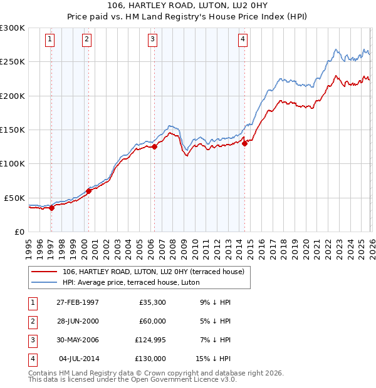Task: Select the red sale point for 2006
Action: pos(154,147)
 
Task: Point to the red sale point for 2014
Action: pos(244,143)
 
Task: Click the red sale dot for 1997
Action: pos(52,208)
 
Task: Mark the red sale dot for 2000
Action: pos(88,191)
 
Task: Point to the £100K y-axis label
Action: pos(13,163)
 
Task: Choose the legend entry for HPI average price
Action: pos(130,282)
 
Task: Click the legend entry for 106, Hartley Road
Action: pos(157,271)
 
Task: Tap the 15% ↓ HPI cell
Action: pos(213,359)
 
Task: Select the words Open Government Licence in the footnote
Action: pos(176,379)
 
